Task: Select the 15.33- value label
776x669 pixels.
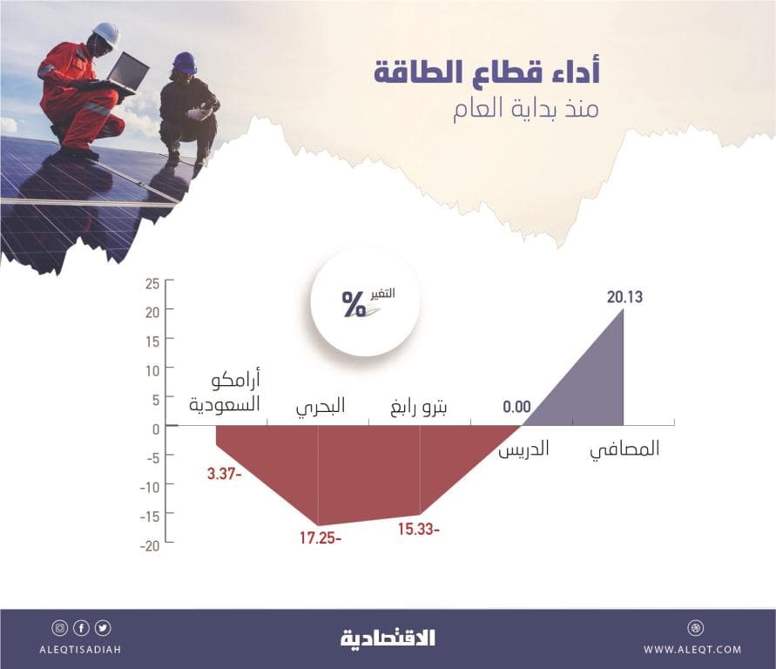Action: (x=420, y=529)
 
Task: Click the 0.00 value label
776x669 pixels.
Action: (x=516, y=406)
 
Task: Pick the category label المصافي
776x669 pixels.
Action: (x=625, y=449)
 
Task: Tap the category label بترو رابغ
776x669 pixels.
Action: (x=421, y=406)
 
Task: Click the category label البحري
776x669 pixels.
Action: (x=320, y=406)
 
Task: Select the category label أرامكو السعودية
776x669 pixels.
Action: (x=226, y=394)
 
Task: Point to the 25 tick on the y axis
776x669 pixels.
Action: (x=152, y=284)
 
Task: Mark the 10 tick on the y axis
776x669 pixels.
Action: (x=152, y=370)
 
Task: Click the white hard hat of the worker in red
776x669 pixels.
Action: (x=105, y=32)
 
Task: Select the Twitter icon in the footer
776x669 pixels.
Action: (x=104, y=627)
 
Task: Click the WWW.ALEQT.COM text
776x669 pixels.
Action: (x=693, y=649)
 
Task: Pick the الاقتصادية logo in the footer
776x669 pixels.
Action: (x=388, y=639)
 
